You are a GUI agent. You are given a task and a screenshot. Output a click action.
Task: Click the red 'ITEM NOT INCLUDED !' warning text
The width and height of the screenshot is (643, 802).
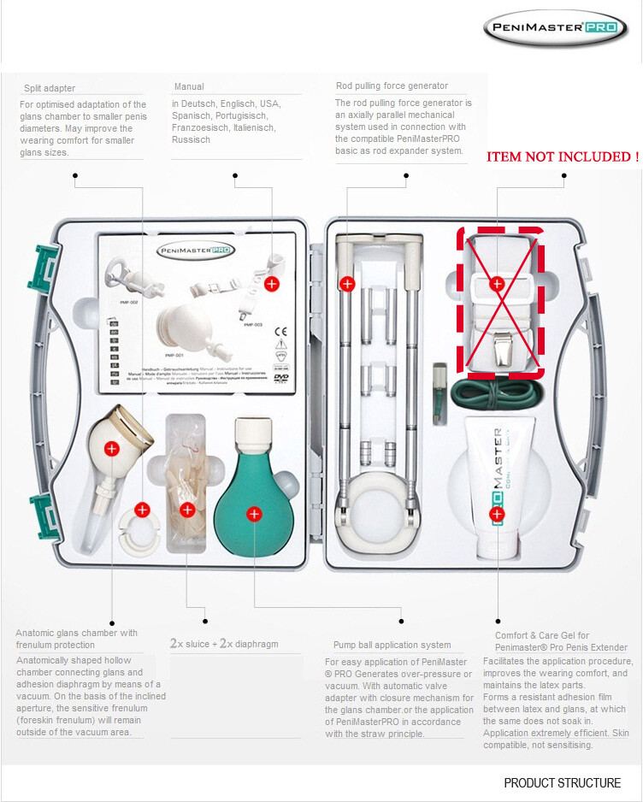point(563,157)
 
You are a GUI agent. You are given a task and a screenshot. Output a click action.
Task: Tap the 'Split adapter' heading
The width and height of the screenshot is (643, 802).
point(48,88)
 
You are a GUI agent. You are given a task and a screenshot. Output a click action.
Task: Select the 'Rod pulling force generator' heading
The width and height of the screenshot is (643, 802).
point(392,86)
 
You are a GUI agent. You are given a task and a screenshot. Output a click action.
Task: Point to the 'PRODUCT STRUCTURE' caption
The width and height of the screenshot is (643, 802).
point(562,782)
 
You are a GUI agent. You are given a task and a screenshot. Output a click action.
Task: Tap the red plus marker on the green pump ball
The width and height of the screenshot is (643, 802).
point(254,514)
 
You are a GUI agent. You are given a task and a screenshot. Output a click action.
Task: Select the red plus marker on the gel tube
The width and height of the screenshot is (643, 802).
point(496,514)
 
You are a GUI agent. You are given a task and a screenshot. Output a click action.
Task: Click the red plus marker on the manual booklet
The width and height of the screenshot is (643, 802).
point(272,283)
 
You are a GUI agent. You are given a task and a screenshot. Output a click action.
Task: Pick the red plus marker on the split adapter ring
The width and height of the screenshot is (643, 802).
point(142,510)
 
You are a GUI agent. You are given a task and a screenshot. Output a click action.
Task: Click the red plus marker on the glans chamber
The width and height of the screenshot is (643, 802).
point(110,448)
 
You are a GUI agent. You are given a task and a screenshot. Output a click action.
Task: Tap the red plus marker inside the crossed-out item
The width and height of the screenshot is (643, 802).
point(496,282)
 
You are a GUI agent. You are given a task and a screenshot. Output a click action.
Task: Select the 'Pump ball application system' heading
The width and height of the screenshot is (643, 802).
point(392,645)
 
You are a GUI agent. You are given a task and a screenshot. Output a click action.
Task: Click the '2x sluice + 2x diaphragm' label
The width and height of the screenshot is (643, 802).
point(223,644)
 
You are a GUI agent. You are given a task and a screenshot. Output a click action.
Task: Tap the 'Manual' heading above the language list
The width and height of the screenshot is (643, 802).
point(189,87)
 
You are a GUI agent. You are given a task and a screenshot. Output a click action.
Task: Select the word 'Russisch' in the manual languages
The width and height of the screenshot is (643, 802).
point(191,139)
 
